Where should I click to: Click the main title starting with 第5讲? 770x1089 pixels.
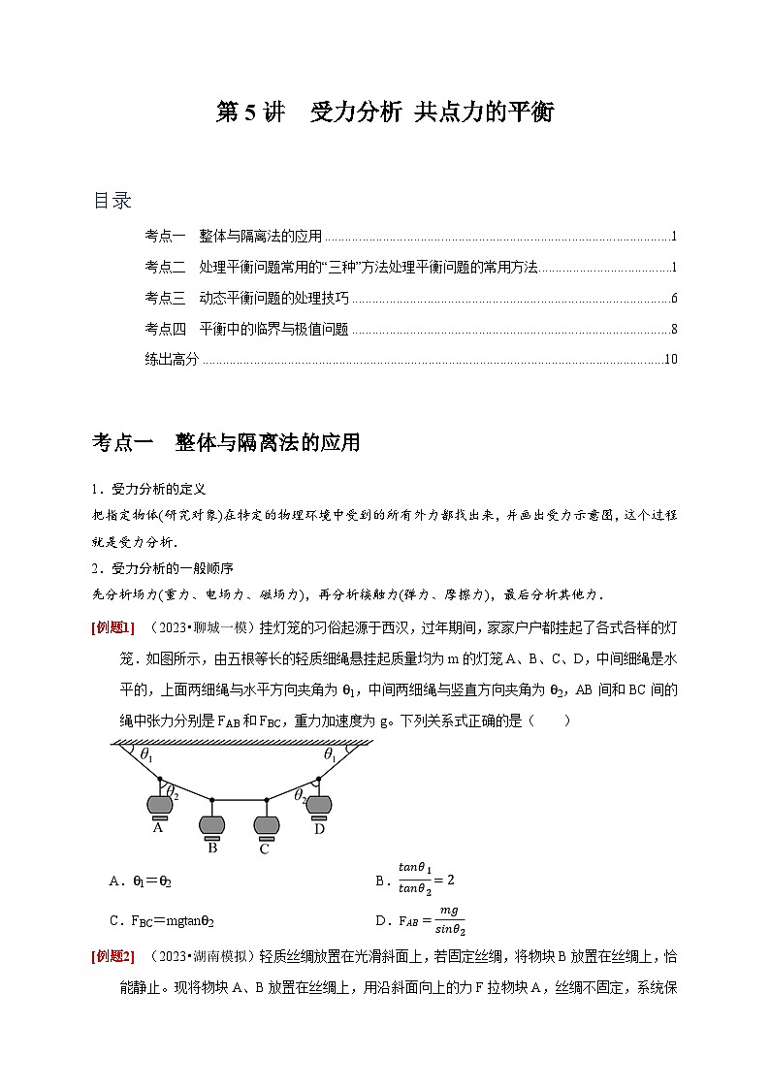(384, 112)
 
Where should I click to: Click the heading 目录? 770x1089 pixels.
(112, 201)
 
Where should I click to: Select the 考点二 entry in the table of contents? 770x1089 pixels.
(340, 267)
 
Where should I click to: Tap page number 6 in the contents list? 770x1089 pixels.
(673, 298)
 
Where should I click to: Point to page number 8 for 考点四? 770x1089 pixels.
(673, 329)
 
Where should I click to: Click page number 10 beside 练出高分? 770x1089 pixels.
(670, 360)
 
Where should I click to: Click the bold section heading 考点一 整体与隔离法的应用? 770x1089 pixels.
(226, 443)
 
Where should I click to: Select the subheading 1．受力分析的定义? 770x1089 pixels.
(149, 489)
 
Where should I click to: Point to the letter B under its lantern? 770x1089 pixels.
(212, 847)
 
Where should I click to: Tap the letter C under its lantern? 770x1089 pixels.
(264, 849)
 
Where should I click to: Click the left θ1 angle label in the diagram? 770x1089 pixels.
(145, 753)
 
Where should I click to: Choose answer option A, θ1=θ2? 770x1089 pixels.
(142, 881)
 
